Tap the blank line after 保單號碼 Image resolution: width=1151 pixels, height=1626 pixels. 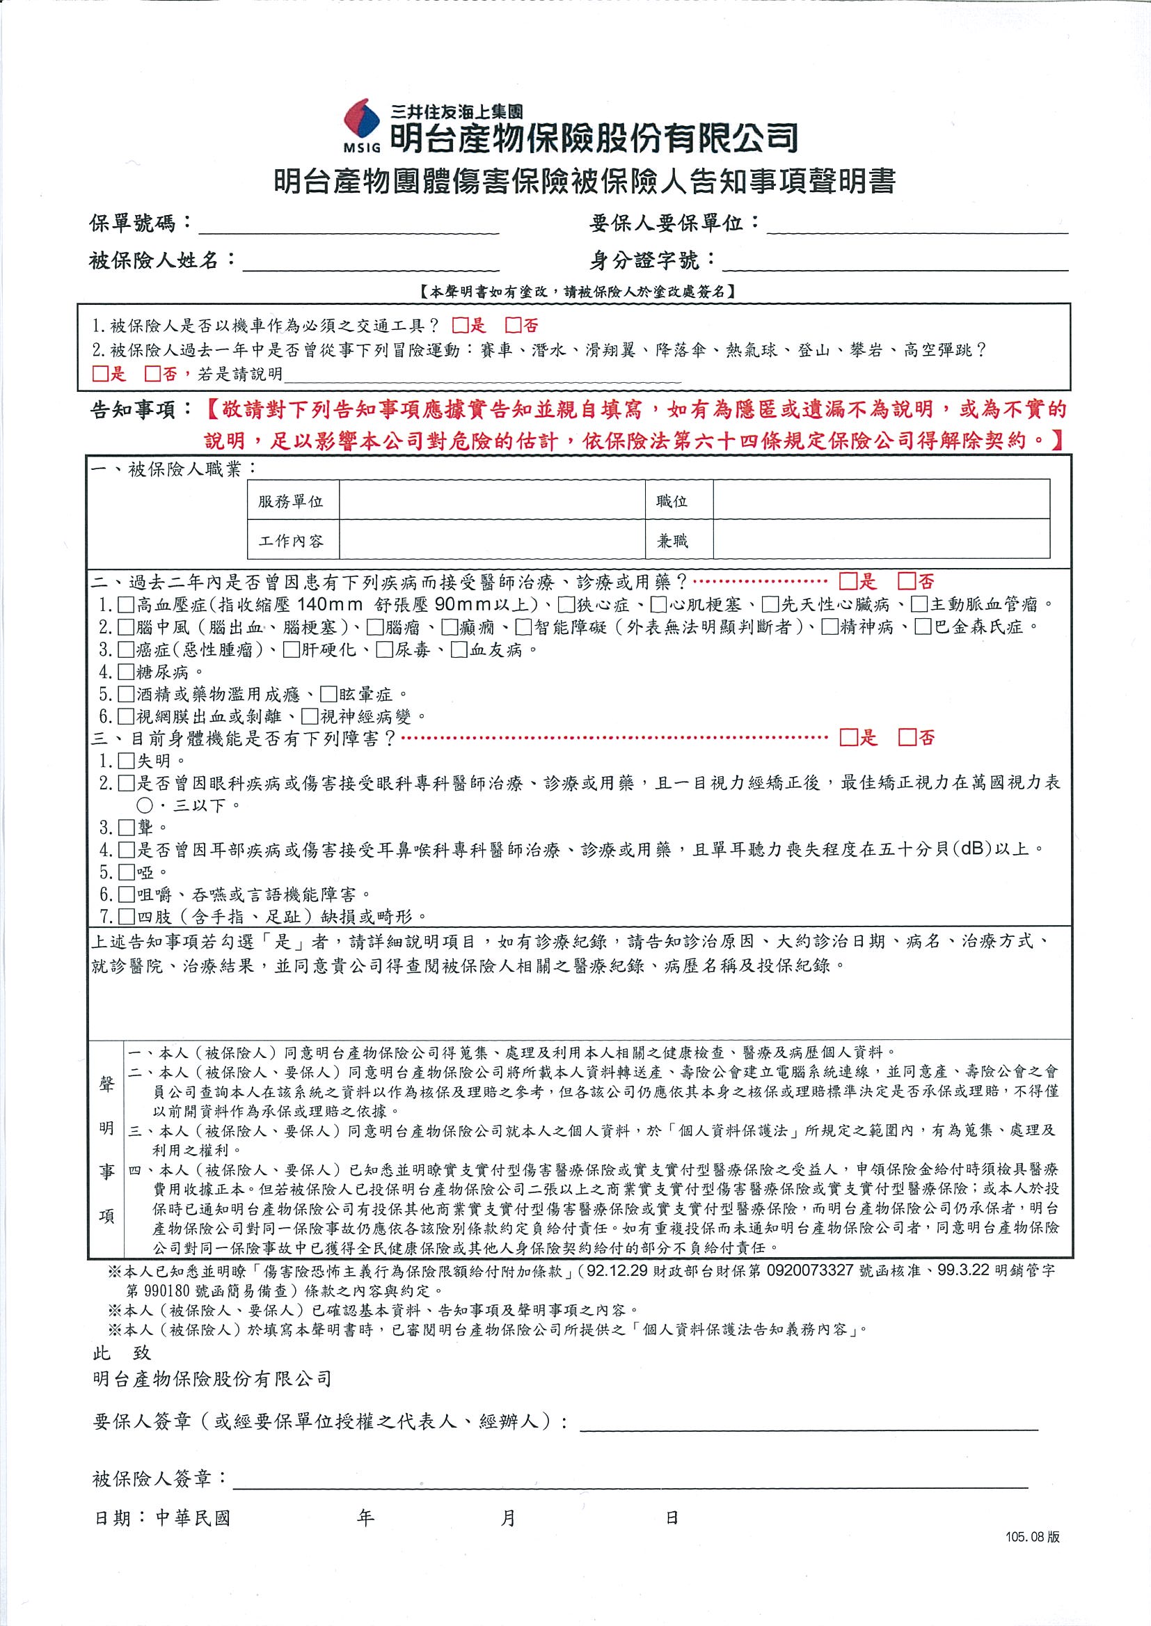click(349, 226)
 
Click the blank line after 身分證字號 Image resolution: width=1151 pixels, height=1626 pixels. click(894, 262)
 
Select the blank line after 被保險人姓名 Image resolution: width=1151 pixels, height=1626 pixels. click(371, 262)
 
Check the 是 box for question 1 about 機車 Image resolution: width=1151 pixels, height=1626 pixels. click(460, 325)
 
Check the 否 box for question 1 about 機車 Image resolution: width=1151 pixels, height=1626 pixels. click(513, 325)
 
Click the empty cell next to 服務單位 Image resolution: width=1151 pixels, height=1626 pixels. click(492, 500)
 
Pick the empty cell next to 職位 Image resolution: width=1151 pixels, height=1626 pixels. click(881, 500)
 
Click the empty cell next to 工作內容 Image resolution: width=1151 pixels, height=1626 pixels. click(492, 540)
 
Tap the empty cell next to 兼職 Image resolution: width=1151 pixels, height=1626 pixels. click(881, 540)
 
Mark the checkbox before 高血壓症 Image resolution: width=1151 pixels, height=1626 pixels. click(126, 605)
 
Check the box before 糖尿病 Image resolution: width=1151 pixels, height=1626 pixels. click(126, 672)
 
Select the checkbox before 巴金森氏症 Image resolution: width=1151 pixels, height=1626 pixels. click(922, 627)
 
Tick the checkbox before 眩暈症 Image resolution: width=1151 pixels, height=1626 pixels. click(328, 694)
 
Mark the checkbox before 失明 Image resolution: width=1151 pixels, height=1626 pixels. click(126, 761)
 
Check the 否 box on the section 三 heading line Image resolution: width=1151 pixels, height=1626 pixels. click(907, 738)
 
